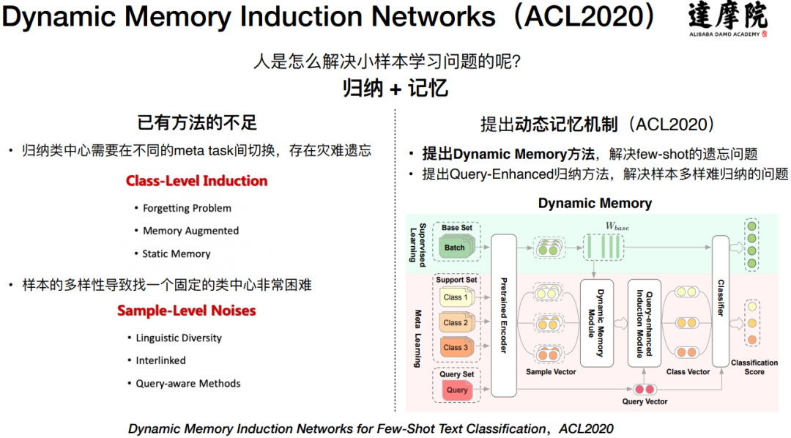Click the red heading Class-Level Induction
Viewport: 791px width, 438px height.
196,181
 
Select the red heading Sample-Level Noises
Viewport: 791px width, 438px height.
187,311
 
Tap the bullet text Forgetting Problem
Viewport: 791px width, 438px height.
187,208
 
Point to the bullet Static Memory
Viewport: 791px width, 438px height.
177,253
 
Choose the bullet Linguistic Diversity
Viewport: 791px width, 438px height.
179,338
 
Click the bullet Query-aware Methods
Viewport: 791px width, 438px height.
188,383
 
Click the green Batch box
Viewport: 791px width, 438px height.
454,248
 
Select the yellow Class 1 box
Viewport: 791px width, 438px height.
455,297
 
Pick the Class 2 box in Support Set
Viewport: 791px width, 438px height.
455,322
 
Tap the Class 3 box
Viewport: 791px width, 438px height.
455,347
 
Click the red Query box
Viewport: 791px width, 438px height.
456,390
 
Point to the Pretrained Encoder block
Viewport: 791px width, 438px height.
503,315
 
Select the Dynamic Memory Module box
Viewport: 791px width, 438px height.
596,322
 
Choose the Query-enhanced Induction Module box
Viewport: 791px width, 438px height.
645,322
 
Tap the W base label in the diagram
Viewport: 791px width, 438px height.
617,228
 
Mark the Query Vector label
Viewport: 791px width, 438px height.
645,401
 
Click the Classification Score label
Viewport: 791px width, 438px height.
754,367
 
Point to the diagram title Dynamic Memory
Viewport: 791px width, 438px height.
595,203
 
